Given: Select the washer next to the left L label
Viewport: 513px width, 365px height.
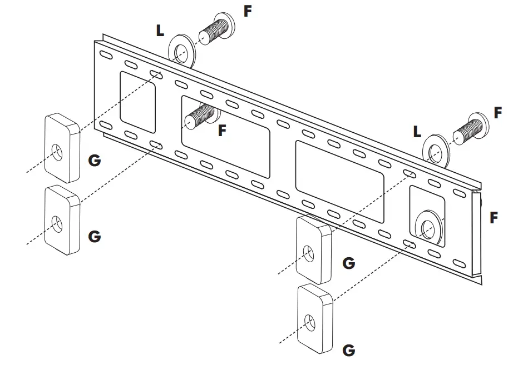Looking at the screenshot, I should (182, 54).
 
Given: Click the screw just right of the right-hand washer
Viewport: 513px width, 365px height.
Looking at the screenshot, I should (470, 131).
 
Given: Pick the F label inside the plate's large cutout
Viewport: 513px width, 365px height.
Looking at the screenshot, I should (223, 131).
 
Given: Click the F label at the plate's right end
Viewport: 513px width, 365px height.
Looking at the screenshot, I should (494, 218).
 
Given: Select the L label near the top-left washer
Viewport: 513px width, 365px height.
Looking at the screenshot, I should (160, 31).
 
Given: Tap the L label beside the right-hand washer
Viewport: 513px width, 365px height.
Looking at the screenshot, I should (417, 132).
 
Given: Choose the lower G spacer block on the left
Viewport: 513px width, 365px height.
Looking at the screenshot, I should (62, 220).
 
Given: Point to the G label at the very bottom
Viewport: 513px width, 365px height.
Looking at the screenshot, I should (349, 350).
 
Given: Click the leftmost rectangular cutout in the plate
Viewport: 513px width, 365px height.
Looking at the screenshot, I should (138, 102).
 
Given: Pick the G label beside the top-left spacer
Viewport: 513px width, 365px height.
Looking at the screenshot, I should (95, 160).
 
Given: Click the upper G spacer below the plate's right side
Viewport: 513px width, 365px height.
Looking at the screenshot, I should (314, 249).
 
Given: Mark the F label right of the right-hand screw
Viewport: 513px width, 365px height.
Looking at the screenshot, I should (498, 113).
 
